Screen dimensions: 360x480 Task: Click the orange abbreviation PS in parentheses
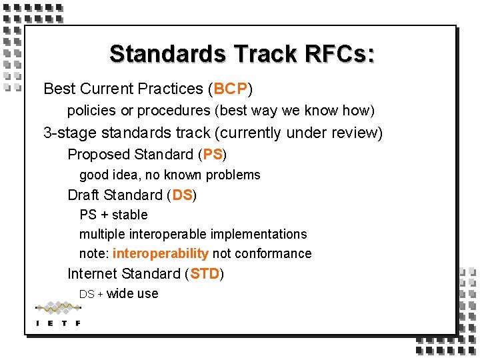point(213,155)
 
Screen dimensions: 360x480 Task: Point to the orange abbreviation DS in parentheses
point(182,195)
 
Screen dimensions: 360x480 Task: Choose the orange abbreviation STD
point(205,274)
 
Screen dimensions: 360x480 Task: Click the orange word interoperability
point(161,253)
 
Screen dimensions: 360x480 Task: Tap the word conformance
point(273,253)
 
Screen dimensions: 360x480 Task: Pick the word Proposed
point(98,155)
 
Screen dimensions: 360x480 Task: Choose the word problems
point(233,175)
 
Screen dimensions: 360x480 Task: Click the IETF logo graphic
point(58,313)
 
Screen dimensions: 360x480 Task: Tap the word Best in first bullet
point(59,89)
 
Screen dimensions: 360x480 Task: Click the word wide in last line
point(119,293)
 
